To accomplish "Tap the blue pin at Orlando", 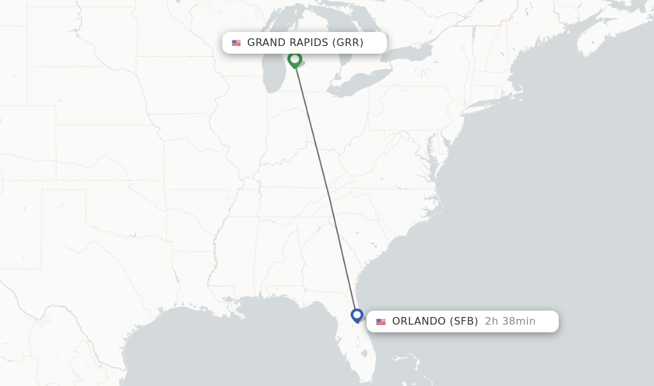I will tap(357, 315).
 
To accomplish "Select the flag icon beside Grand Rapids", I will tap(236, 43).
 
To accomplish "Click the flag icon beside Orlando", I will tap(381, 321).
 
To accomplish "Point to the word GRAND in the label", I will tap(266, 43).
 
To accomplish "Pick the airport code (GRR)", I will tap(347, 43).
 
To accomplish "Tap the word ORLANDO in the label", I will tap(419, 321).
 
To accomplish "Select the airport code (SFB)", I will tap(464, 321).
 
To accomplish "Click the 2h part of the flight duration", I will tap(491, 321).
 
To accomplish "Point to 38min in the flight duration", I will tap(519, 321).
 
